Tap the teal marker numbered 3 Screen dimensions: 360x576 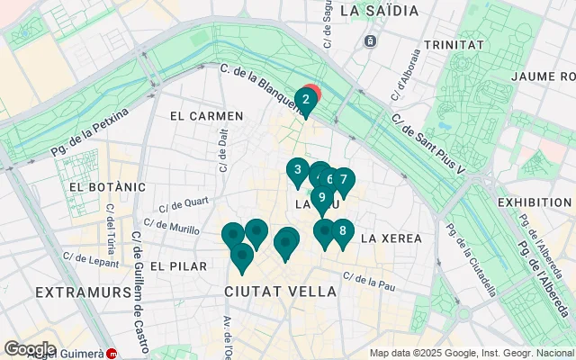coord(298,169)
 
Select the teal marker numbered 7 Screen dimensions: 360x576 coord(343,180)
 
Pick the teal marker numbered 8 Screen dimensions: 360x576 coord(342,230)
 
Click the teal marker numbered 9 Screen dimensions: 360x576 coord(321,198)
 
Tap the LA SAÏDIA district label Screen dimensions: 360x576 coord(381,11)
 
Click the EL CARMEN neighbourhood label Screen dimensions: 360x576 coord(206,116)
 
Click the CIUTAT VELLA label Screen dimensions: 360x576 coord(280,292)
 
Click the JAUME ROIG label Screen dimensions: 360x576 coord(543,76)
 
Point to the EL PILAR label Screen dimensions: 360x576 coord(179,266)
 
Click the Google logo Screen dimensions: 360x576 coord(30,348)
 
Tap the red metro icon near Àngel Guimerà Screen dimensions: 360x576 coord(112,354)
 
